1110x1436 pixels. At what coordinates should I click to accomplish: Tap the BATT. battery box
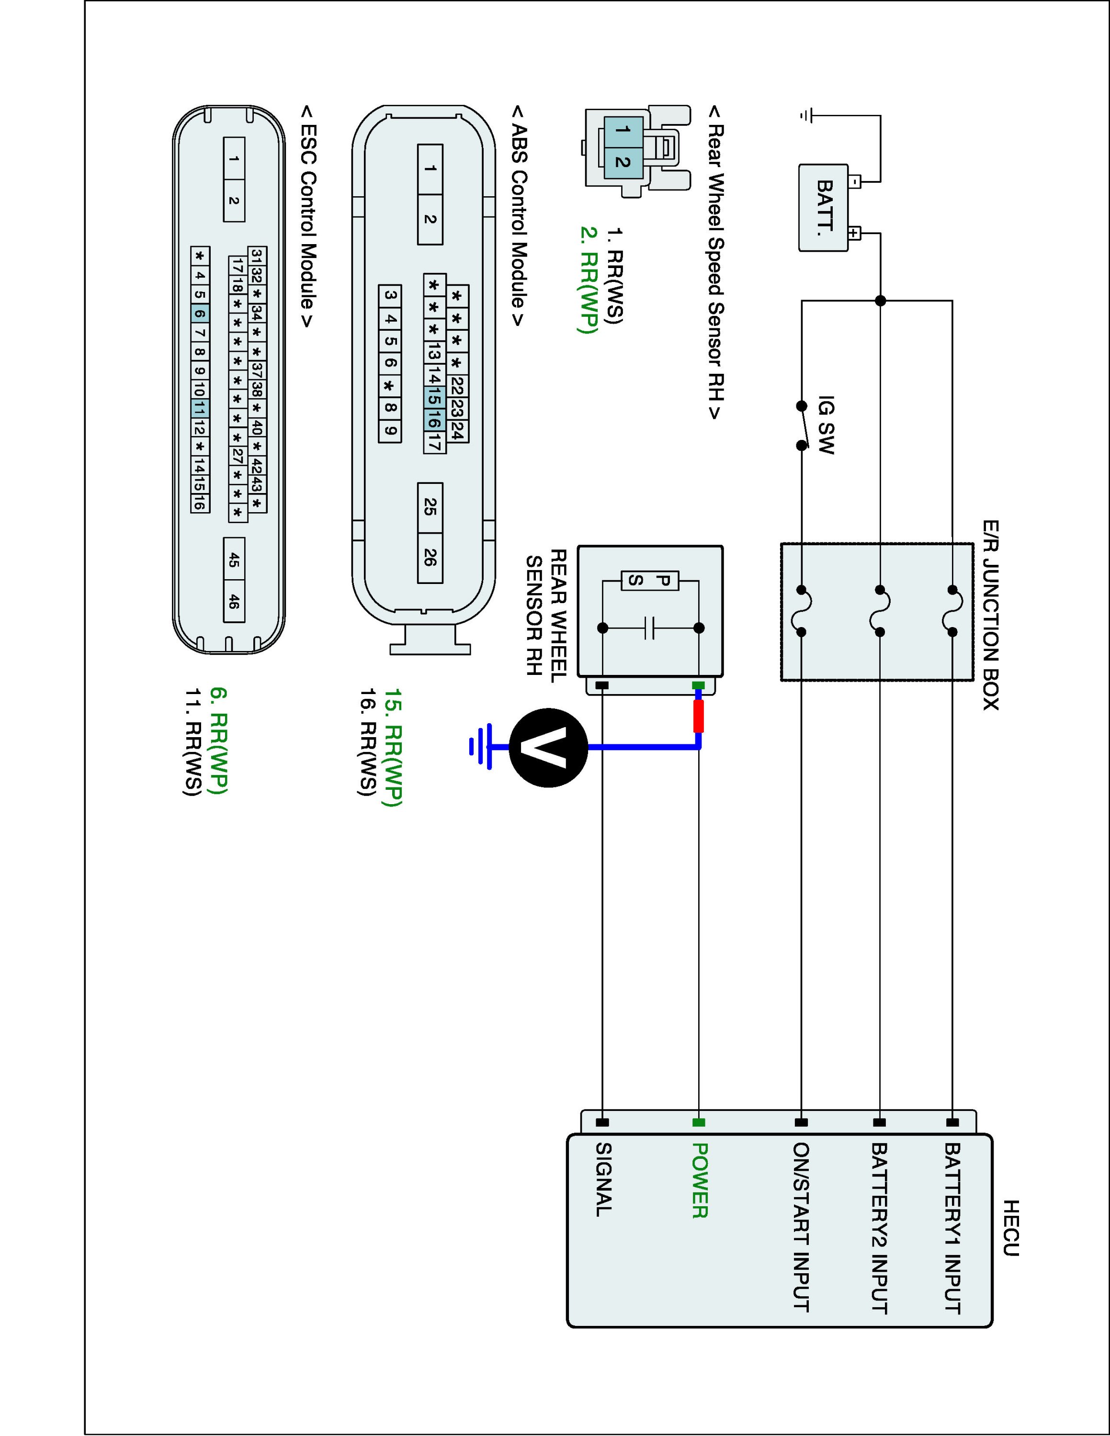823,207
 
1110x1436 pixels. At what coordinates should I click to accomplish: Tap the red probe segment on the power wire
699,716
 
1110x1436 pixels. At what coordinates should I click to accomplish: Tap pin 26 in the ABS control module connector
430,558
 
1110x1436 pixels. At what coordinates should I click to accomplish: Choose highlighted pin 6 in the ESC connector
200,314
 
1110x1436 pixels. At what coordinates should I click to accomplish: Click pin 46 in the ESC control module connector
234,601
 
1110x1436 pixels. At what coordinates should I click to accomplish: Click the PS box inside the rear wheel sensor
650,581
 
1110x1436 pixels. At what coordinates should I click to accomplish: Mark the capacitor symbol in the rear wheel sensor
650,628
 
